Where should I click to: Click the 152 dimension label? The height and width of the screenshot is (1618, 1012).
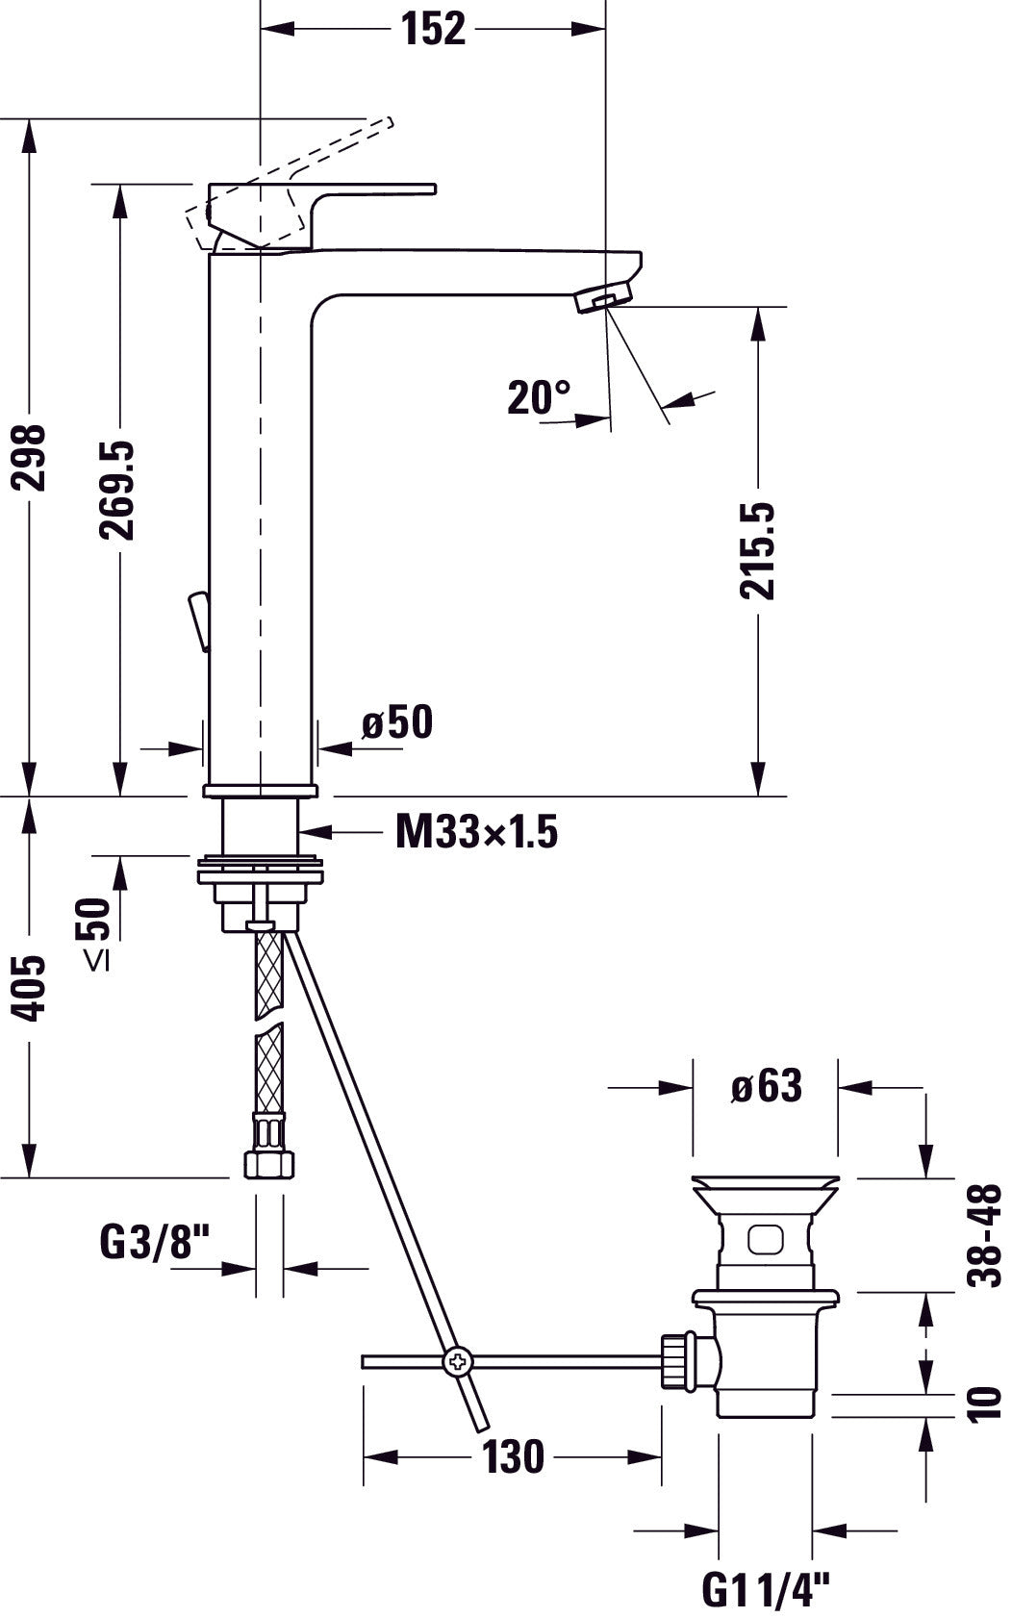[434, 30]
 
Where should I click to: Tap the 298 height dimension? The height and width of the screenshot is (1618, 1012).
[30, 458]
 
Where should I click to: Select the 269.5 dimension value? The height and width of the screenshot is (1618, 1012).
[116, 491]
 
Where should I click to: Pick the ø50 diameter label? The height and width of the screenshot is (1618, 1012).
[397, 721]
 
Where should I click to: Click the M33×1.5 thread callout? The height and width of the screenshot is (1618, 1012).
[477, 832]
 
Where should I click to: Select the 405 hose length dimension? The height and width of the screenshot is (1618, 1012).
[30, 989]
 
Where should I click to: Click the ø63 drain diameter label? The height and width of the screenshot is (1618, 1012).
[767, 1086]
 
